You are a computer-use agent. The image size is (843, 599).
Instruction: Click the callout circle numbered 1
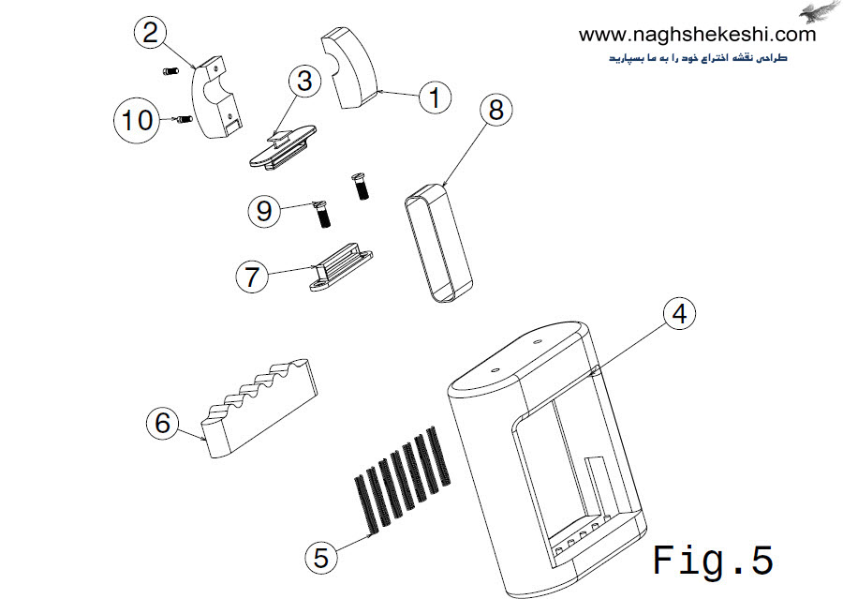coord(434,97)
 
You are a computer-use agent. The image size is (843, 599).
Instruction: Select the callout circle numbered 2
coord(150,34)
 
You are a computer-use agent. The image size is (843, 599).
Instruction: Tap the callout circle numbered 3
coord(304,82)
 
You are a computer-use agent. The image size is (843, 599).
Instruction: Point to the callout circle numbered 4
coord(680,314)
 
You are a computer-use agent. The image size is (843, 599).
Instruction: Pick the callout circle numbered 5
coord(321,558)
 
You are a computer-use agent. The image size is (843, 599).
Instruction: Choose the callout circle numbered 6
coord(163,423)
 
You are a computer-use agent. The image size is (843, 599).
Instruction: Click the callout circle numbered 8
coord(495,110)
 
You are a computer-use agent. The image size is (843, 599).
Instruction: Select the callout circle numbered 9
coord(265,211)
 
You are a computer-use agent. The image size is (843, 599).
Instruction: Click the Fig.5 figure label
coord(713,561)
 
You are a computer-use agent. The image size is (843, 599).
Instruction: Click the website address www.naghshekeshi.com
coord(697,35)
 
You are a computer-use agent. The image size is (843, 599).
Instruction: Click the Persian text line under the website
coord(699,57)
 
